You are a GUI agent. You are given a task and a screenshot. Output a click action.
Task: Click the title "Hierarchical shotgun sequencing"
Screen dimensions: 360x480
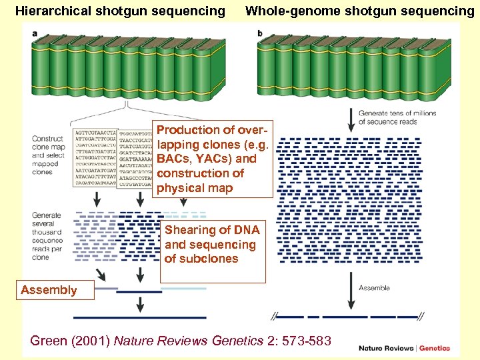point(120,11)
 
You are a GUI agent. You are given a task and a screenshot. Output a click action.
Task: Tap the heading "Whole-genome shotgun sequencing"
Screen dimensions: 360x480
point(360,11)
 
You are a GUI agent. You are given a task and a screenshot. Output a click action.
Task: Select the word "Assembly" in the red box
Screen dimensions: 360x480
point(49,290)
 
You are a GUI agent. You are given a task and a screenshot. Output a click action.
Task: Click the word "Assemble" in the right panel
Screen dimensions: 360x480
point(374,288)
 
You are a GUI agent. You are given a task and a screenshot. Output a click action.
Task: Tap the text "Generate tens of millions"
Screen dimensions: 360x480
point(397,113)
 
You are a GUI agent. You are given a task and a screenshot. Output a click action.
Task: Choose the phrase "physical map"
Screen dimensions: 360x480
point(195,188)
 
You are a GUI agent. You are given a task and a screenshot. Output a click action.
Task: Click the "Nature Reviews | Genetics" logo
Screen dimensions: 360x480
point(404,347)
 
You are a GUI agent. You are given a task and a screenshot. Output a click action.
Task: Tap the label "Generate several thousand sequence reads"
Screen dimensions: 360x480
point(47,236)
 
